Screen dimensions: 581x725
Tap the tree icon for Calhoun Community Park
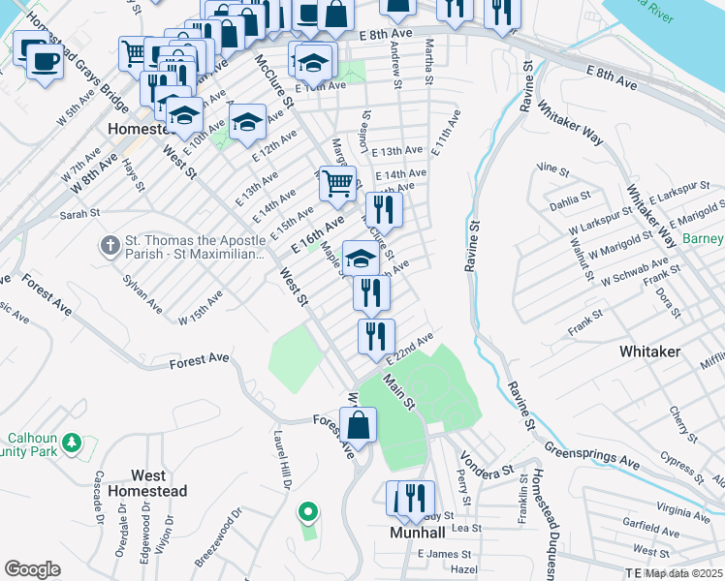(x=71, y=443)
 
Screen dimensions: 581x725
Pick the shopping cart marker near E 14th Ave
(x=336, y=183)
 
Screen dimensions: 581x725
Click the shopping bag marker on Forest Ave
(x=358, y=425)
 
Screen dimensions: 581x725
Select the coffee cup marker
(x=43, y=62)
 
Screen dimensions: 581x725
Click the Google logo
(x=32, y=568)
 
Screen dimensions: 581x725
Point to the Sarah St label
(x=80, y=214)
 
